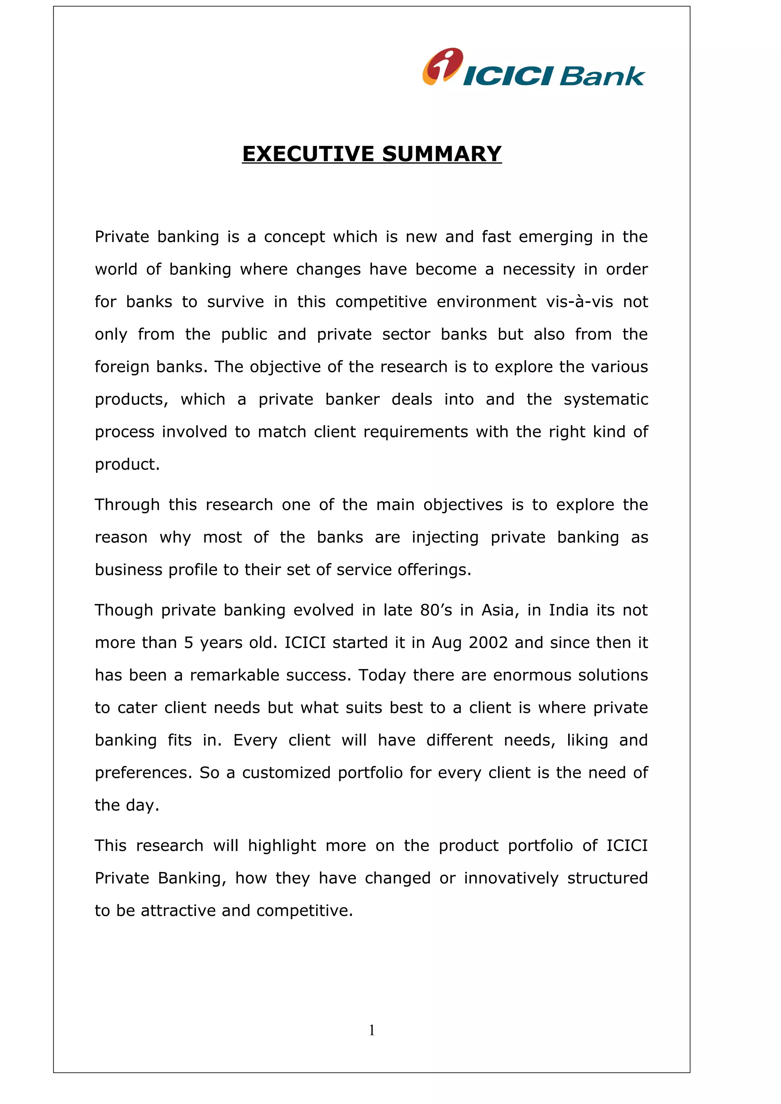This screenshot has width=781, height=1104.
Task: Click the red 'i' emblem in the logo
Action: [443, 66]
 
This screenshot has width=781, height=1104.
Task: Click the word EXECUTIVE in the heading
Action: [308, 154]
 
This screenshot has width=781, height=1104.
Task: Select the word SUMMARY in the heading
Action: [442, 154]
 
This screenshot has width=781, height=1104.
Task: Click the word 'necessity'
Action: [538, 269]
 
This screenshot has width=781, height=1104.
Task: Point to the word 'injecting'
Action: [445, 537]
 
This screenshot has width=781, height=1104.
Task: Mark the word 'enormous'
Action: [533, 675]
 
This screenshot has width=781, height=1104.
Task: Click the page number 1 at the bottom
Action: [371, 1030]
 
